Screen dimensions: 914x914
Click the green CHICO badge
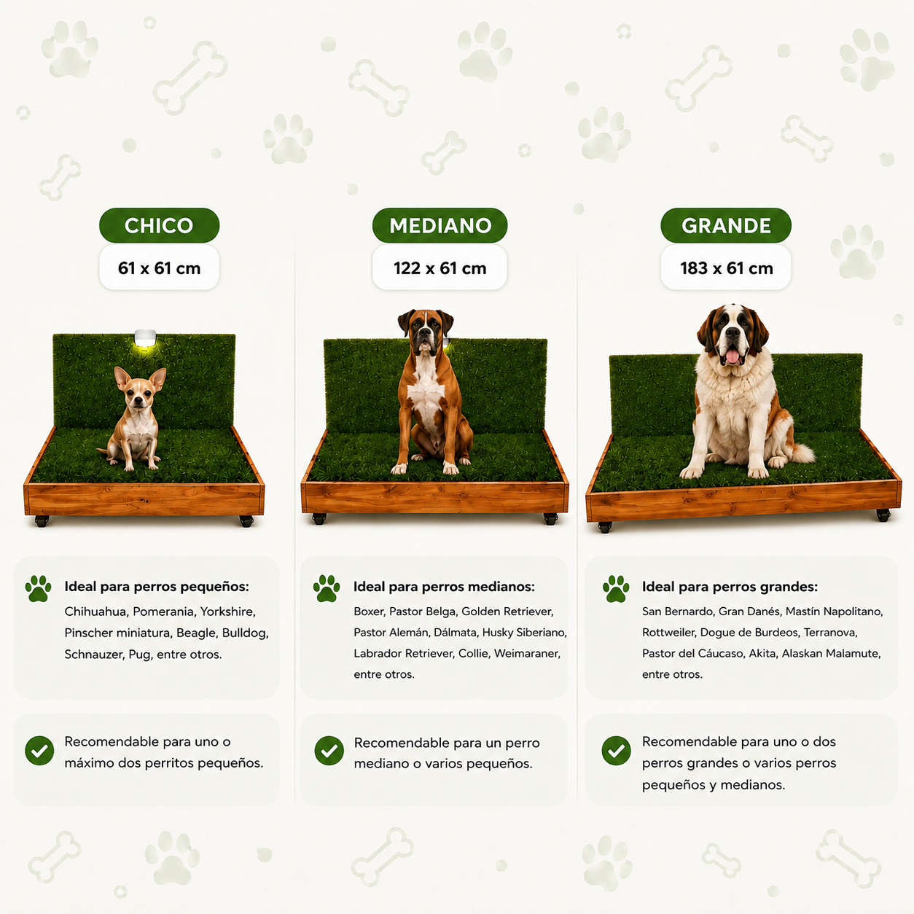(159, 225)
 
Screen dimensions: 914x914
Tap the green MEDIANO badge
(440, 225)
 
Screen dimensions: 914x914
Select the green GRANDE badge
(726, 225)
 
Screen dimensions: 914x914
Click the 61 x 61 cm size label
(159, 268)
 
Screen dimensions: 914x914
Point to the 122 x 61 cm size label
(440, 268)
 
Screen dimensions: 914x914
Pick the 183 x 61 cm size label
(726, 268)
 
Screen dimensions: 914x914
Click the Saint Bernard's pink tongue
(733, 355)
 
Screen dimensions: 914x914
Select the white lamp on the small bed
(145, 337)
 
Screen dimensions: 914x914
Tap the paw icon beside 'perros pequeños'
(38, 589)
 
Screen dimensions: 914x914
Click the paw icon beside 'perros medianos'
(327, 589)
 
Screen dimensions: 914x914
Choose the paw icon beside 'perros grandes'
(616, 589)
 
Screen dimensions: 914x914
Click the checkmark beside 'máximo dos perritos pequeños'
(39, 751)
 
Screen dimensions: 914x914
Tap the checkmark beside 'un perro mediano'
(329, 751)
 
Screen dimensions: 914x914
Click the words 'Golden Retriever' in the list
(507, 612)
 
